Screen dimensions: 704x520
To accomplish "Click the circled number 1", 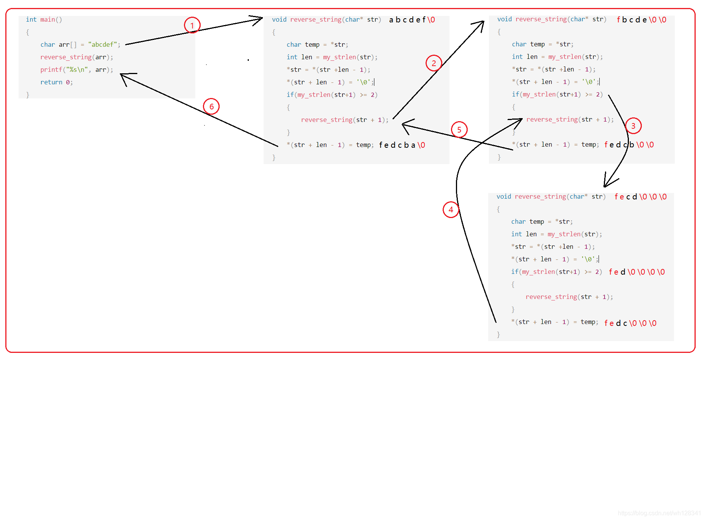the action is tap(192, 25).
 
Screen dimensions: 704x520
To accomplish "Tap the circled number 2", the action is tap(434, 63).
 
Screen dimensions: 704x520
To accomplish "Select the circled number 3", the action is tap(633, 126).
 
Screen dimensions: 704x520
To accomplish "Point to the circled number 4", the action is tap(451, 209).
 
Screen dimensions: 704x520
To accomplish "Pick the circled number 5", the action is tap(459, 130).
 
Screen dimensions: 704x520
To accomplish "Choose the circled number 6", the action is tap(211, 107).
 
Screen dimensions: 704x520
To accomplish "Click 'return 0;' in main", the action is tap(57, 82).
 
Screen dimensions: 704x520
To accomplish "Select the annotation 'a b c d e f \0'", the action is tap(412, 20).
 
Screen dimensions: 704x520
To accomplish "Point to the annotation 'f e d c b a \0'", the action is tap(402, 145).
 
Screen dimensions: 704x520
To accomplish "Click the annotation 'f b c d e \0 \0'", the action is tap(641, 20).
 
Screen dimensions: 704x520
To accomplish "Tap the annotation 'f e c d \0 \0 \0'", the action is tap(640, 197).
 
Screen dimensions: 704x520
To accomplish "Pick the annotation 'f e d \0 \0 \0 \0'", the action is tap(636, 272).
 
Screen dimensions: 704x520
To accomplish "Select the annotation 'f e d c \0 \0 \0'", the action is tap(630, 323).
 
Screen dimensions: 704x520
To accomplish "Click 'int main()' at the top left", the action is tap(44, 19).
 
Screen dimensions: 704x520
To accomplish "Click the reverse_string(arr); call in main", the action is tap(77, 57).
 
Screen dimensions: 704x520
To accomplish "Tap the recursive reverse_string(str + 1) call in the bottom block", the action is tap(569, 297).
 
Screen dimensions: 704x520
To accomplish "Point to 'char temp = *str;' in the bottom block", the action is tap(542, 221).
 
